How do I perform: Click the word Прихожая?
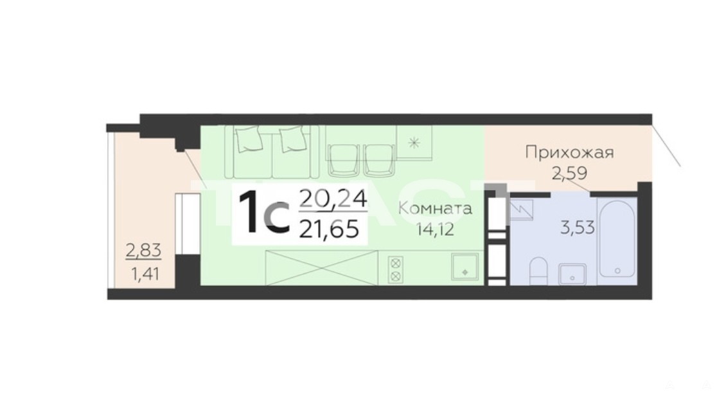click(x=569, y=152)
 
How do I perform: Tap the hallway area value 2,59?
click(x=569, y=174)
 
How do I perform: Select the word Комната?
click(x=435, y=208)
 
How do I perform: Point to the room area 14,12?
click(x=435, y=229)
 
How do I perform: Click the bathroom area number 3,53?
click(x=578, y=228)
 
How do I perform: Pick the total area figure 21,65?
click(x=329, y=229)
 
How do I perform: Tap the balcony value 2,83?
click(x=143, y=251)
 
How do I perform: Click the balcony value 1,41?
click(x=145, y=274)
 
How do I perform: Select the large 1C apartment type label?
click(x=265, y=213)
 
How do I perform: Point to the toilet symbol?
click(x=538, y=271)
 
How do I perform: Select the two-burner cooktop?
click(x=395, y=269)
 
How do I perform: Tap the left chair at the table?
click(x=343, y=160)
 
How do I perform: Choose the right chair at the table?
click(x=379, y=160)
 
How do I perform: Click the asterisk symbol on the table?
click(x=414, y=143)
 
